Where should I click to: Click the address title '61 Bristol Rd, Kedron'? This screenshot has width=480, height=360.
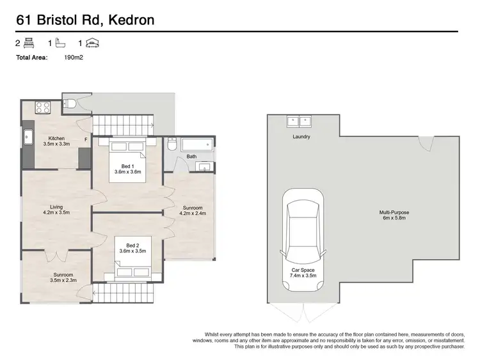[x=84, y=20]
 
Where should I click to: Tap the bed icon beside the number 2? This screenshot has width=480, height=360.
[x=29, y=43]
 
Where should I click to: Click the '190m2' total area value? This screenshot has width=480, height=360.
[x=74, y=57]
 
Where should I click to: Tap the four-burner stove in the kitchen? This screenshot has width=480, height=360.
[x=44, y=107]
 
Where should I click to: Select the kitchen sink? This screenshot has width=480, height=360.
[x=29, y=137]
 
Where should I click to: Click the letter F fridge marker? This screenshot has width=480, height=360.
[x=85, y=139]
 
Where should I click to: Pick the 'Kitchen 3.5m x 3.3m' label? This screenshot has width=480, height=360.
[x=57, y=142]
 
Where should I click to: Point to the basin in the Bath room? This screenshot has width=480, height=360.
[x=204, y=168]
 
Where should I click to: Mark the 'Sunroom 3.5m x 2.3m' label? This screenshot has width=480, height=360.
[x=64, y=278]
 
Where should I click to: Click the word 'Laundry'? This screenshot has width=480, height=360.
[x=301, y=137]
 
